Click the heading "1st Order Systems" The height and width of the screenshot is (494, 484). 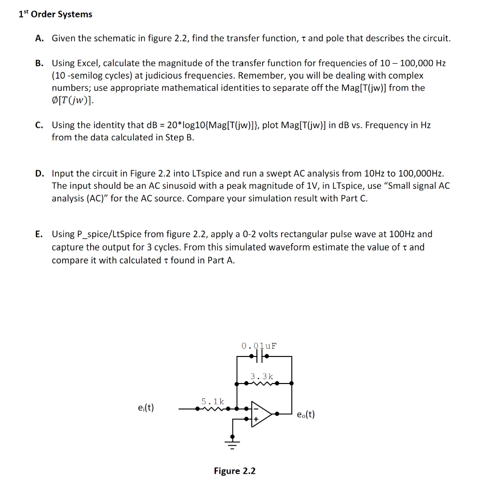[55, 14]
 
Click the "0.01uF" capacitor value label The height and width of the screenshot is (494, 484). [259, 345]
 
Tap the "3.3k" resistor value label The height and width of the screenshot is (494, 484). [262, 376]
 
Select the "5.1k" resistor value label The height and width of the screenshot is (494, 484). [212, 401]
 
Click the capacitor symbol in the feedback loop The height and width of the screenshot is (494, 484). [261, 357]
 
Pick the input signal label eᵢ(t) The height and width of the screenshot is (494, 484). [146, 408]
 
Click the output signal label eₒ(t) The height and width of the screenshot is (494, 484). [306, 414]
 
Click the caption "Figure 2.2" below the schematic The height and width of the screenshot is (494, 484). [235, 471]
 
